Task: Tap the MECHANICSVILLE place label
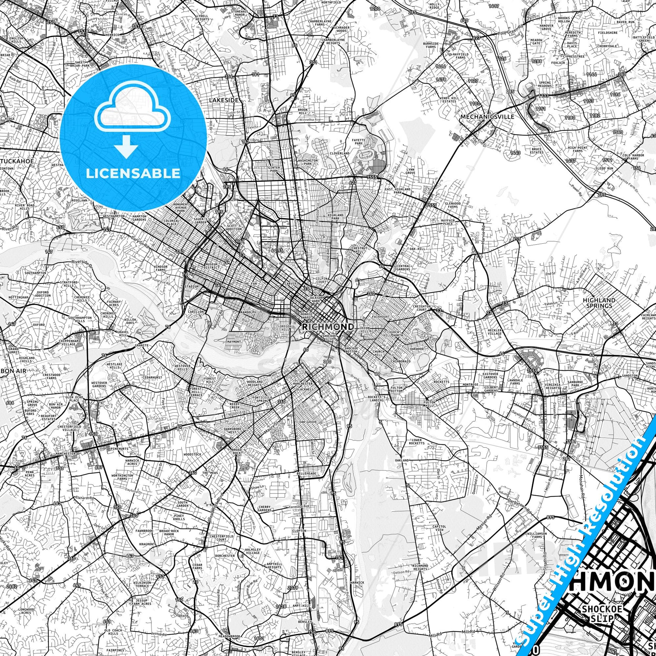point(487,116)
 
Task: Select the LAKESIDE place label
point(224,100)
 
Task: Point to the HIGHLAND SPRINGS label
point(599,302)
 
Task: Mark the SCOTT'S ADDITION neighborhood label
point(234,228)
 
